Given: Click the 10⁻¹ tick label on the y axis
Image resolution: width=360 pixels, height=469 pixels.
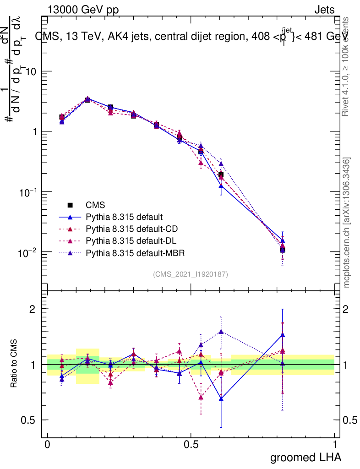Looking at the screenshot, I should click(27, 192).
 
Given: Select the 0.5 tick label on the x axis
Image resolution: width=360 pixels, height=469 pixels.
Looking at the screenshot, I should click(191, 444).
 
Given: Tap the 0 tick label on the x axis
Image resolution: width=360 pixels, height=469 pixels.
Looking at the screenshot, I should click(48, 444).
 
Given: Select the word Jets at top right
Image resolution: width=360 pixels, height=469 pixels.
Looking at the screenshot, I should click(324, 10).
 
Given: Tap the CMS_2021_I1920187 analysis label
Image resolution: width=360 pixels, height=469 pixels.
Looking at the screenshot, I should click(191, 274).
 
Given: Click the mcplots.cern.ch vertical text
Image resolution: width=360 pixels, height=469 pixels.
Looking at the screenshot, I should click(347, 223).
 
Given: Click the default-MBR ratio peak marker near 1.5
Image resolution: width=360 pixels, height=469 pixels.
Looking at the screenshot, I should click(221, 332).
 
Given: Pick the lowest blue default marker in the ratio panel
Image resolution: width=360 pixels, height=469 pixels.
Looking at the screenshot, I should click(221, 399).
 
